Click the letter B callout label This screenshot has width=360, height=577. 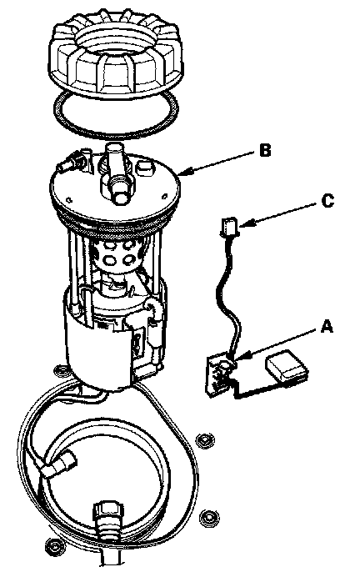click(x=265, y=151)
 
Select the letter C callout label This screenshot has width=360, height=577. click(x=327, y=201)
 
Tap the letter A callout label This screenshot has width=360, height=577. click(x=327, y=326)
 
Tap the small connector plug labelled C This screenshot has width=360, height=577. click(x=229, y=226)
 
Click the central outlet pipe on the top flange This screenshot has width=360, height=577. click(x=117, y=173)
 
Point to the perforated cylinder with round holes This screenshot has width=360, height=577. click(x=118, y=255)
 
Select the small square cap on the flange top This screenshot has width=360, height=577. click(x=144, y=168)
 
